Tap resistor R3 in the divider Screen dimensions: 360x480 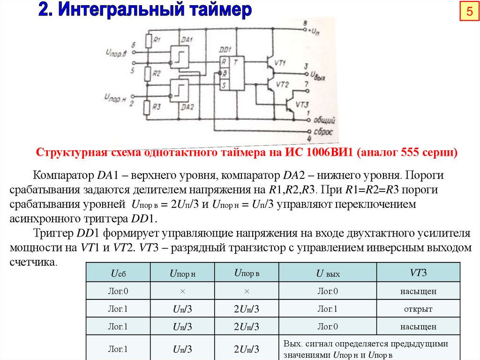(x=147, y=107)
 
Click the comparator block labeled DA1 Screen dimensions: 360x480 (x=178, y=55)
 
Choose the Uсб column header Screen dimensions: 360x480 (x=118, y=273)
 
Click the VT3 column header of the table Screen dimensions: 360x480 (x=418, y=273)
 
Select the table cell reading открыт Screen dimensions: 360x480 (x=418, y=309)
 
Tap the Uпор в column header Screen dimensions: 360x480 (x=247, y=273)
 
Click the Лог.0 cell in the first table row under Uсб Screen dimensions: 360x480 (x=118, y=291)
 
